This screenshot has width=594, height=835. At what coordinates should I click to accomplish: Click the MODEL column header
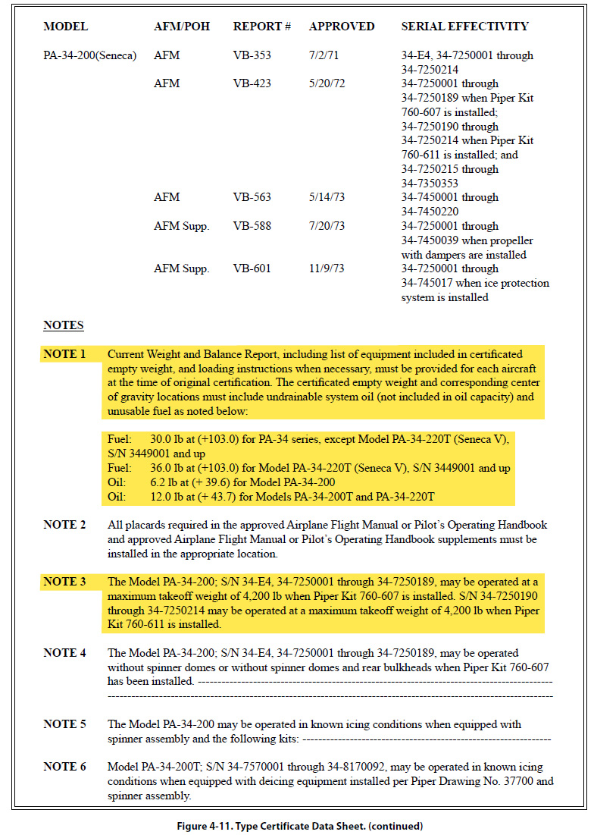65,27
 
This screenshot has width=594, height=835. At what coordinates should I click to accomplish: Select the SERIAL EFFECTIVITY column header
464,27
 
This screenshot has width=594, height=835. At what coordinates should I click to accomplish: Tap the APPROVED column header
341,27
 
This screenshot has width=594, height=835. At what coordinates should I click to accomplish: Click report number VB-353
252,55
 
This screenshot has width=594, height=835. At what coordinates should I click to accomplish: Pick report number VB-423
252,83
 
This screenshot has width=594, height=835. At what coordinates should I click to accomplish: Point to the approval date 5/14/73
327,197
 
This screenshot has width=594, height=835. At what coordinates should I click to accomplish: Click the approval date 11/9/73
327,268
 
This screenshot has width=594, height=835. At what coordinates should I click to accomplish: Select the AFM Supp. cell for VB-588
181,226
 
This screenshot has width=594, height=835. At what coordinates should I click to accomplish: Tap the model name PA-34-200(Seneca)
90,55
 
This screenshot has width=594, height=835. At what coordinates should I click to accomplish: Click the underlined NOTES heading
63,325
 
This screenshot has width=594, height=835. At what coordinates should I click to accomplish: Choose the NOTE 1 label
64,354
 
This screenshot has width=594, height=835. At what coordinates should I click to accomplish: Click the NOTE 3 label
64,582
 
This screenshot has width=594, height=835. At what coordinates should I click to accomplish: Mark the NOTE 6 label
64,767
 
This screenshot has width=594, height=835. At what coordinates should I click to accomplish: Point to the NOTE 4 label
64,653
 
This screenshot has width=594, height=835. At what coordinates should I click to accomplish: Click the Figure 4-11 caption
296,826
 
